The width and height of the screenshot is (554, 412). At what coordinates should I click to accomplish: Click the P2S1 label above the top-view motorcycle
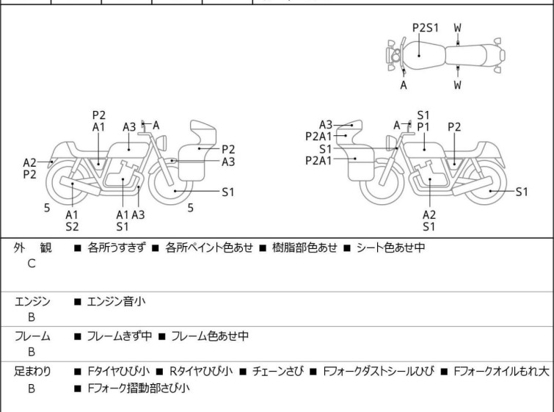[x=425, y=28]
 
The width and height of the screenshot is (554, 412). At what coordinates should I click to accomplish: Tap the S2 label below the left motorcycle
[x=72, y=227]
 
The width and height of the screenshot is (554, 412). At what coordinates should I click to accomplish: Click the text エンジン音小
[x=117, y=301]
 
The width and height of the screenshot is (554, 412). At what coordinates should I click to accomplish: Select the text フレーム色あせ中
[x=210, y=336]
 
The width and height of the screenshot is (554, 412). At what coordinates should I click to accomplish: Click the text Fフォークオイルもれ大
[x=501, y=372]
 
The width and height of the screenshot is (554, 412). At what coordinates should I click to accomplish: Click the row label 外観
[x=32, y=247]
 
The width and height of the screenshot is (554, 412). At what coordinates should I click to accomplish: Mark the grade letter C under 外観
[x=31, y=263]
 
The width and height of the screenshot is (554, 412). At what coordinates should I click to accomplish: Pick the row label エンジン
[x=32, y=301]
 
